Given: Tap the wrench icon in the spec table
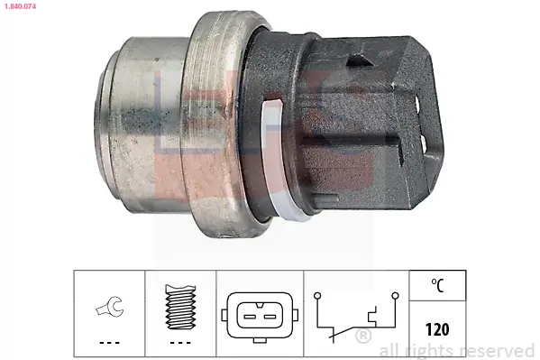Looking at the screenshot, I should pyautogui.click(x=109, y=311).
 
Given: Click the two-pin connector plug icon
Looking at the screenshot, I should pyautogui.click(x=260, y=310).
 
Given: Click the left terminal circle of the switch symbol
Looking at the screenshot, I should pyautogui.click(x=317, y=294).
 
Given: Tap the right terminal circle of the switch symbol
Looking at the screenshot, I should pyautogui.click(x=394, y=294).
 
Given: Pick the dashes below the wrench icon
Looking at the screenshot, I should pyautogui.click(x=109, y=343).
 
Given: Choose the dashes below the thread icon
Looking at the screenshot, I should pyautogui.click(x=181, y=343).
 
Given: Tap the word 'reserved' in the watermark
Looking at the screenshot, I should pyautogui.click(x=500, y=350).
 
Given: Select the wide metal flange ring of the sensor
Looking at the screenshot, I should pyautogui.click(x=216, y=126).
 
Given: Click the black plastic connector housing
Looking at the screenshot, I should pyautogui.click(x=361, y=117).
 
